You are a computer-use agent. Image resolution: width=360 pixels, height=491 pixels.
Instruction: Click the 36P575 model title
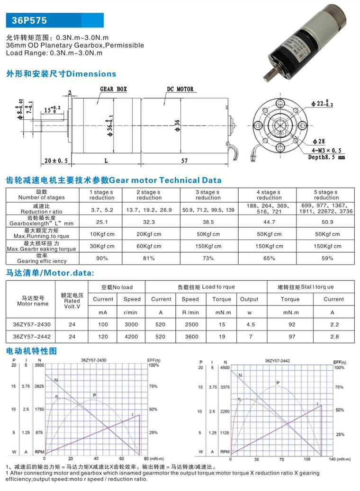click(x=29, y=21)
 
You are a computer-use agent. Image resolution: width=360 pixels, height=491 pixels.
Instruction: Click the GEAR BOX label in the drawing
click(x=113, y=89)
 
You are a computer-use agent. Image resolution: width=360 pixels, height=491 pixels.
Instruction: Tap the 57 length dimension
click(x=184, y=161)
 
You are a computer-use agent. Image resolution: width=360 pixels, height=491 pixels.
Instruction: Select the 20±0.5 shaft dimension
click(x=56, y=161)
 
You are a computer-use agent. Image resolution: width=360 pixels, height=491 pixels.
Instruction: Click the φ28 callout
click(x=318, y=142)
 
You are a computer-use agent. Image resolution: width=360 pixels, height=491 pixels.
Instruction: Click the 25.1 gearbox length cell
click(x=101, y=221)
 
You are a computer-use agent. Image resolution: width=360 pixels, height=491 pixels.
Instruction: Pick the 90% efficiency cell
click(x=101, y=258)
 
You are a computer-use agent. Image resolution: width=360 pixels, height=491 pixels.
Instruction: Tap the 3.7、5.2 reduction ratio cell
click(x=101, y=209)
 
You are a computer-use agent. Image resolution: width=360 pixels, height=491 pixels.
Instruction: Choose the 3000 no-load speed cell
click(x=132, y=324)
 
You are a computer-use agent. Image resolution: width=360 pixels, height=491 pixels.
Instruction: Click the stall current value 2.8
click(x=333, y=337)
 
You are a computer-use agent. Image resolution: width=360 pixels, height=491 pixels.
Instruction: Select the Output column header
click(x=249, y=299)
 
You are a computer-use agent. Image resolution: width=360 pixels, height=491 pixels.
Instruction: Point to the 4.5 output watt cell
click(x=249, y=324)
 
